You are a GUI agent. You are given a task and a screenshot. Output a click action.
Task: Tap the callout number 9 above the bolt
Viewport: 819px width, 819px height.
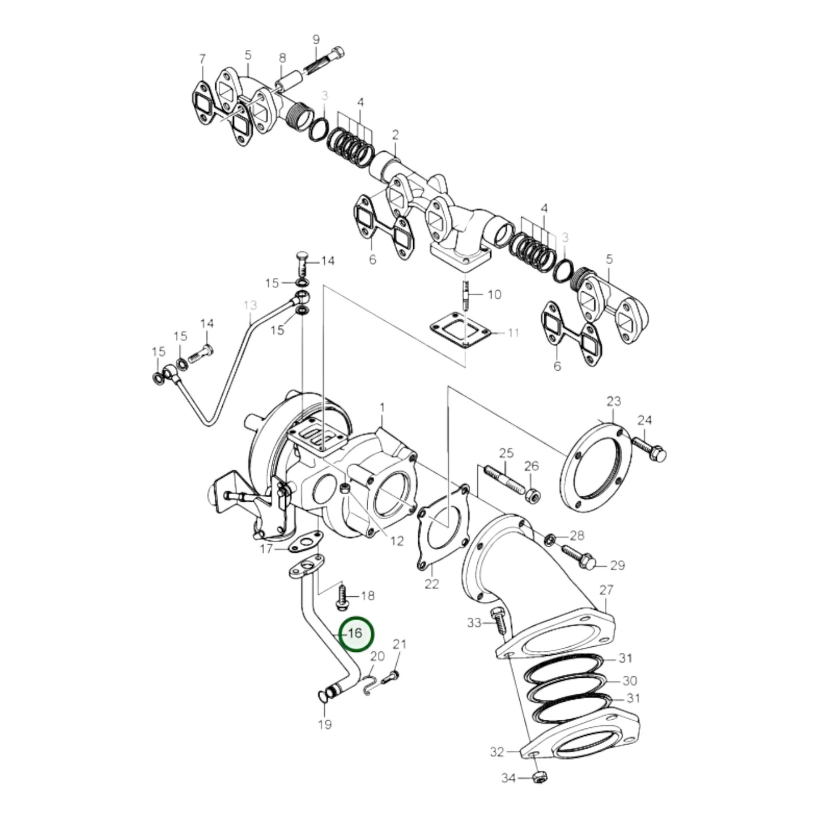click(x=316, y=40)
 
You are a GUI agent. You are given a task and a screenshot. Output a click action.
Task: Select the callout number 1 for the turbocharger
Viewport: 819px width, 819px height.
click(x=382, y=408)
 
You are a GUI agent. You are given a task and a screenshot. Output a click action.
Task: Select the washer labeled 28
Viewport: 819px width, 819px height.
click(x=549, y=538)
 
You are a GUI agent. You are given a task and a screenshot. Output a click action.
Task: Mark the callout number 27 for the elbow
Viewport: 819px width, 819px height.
click(x=606, y=590)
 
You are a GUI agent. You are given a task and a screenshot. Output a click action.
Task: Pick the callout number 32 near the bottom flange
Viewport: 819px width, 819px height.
click(x=497, y=752)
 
